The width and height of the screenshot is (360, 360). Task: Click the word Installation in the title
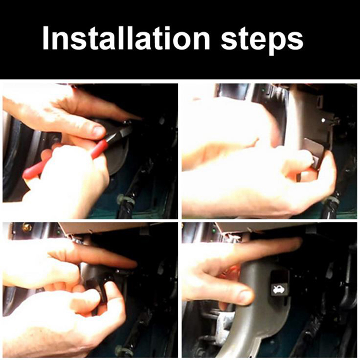[126, 39]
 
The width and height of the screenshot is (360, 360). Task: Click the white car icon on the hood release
[279, 289]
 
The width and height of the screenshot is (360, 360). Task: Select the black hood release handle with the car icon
[279, 284]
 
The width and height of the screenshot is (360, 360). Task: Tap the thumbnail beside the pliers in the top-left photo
[99, 132]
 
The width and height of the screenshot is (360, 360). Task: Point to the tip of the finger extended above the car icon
[299, 242]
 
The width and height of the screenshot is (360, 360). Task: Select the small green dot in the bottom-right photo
[214, 230]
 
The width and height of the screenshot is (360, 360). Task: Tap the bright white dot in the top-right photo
[324, 120]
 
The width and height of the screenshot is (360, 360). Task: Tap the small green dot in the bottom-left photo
[59, 232]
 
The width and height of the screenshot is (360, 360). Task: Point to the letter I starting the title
[45, 38]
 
